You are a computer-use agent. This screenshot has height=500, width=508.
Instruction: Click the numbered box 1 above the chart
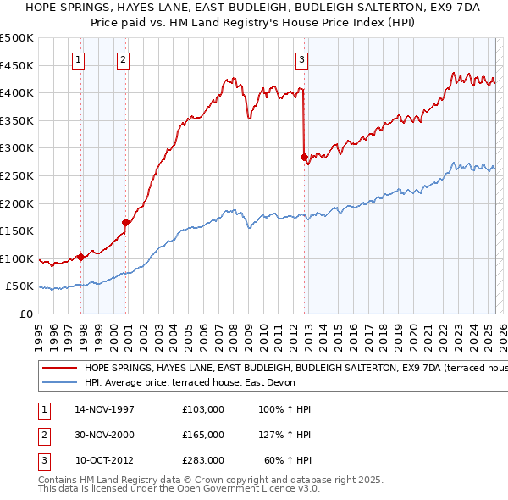coord(78,59)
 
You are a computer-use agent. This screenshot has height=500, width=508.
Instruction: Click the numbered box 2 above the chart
coord(124,59)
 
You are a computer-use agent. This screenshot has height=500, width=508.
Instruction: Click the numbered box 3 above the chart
coord(301,59)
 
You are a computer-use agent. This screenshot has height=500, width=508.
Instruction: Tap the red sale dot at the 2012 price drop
coord(304,157)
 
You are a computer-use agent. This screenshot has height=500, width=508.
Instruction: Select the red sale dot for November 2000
coord(125,222)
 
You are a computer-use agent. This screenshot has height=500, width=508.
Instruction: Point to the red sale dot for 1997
coord(80,257)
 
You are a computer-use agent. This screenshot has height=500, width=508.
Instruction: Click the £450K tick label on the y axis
coord(17,65)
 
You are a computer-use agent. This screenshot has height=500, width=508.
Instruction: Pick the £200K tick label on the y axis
coord(17,203)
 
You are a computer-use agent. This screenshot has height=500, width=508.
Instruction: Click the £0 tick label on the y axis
coord(26,314)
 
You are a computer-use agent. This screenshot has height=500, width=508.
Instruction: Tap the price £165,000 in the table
coord(203,435)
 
